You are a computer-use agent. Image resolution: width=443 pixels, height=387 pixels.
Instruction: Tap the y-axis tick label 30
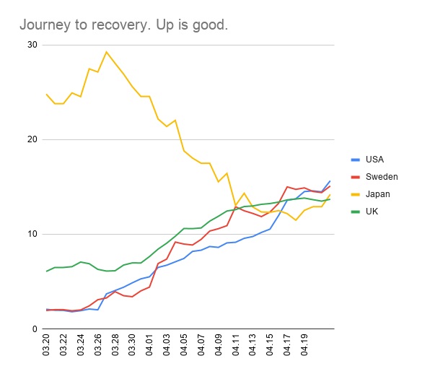pyautogui.click(x=31, y=45)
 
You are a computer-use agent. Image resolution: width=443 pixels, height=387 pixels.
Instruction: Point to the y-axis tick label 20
pyautogui.click(x=31, y=139)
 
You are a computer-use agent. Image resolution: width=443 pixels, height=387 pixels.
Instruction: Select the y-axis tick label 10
pyautogui.click(x=31, y=234)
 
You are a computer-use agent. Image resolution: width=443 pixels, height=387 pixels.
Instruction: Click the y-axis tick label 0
pyautogui.click(x=34, y=329)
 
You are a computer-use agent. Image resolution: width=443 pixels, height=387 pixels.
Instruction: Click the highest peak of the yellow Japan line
pyautogui.click(x=106, y=51)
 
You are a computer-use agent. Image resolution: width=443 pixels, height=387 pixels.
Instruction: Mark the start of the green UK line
pyautogui.click(x=46, y=271)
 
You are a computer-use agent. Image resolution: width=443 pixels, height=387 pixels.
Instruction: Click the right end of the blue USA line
pyautogui.click(x=330, y=181)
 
